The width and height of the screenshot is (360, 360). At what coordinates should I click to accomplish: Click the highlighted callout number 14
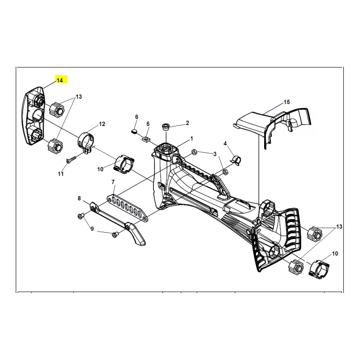click(59, 81)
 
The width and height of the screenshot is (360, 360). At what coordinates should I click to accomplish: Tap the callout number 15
click(287, 102)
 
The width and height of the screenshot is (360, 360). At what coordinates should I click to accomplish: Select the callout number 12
click(102, 124)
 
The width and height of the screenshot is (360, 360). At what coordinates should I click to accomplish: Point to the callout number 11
click(61, 174)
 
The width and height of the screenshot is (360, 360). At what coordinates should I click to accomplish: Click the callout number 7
click(113, 182)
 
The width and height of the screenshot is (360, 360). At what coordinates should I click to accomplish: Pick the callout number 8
click(79, 198)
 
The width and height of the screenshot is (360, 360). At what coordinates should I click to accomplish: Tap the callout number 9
click(92, 229)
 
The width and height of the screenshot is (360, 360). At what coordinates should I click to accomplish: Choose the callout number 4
click(225, 144)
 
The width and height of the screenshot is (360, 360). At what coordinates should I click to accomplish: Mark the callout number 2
click(187, 123)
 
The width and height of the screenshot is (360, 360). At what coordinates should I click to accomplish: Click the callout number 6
click(137, 117)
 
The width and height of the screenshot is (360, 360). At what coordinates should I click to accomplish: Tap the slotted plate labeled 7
click(128, 207)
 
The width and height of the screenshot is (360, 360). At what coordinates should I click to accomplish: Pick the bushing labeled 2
click(166, 126)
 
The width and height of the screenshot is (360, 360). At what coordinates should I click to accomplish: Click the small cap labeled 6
click(135, 131)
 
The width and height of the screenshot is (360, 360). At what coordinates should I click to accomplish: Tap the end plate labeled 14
click(33, 116)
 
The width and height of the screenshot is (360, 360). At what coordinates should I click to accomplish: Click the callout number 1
click(192, 139)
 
